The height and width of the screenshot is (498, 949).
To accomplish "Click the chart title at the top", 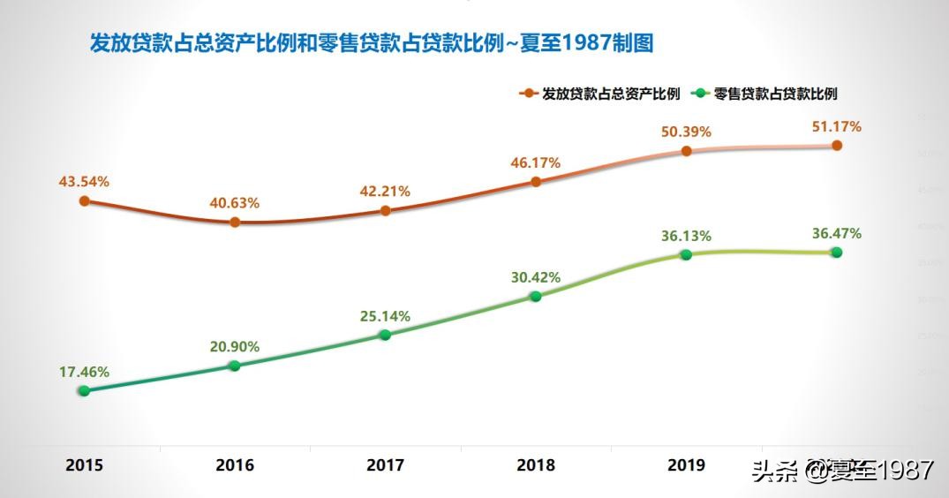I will [371, 43].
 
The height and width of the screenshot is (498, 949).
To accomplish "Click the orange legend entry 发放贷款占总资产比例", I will [602, 94].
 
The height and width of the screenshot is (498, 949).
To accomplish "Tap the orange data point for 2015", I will [85, 201].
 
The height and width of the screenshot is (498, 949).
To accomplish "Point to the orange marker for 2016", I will [235, 223].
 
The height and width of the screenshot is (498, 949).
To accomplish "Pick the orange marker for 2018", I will [536, 182].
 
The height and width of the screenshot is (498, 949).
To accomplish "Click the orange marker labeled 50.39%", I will [686, 151].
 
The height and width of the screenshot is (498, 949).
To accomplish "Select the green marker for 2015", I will [84, 390].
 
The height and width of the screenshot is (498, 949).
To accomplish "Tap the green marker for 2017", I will [385, 335].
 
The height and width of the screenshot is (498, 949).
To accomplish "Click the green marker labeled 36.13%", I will [686, 254].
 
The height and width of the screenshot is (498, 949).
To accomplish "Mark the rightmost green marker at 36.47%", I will [836, 253].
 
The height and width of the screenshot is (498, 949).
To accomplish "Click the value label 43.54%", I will [84, 182].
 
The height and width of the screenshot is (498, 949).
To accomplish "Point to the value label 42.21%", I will [385, 192].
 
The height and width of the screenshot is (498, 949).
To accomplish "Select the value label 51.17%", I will [836, 127].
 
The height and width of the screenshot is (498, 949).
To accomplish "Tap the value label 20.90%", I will [235, 347].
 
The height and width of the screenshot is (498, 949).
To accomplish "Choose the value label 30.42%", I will [536, 277].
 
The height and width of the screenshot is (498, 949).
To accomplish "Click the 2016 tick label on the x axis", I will [235, 465].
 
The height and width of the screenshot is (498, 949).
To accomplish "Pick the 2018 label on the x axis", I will [536, 465].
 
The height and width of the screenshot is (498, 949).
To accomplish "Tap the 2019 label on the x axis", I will [686, 465].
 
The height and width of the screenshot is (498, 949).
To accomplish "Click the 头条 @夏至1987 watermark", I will [842, 471].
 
